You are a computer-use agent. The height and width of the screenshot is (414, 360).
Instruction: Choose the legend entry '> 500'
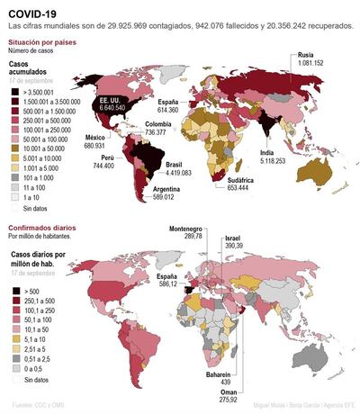tap(31, 291)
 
